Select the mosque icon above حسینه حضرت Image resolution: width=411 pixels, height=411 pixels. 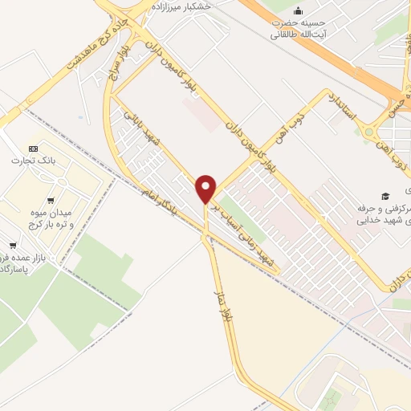click(299, 11)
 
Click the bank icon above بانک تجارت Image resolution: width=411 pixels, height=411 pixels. click(32, 149)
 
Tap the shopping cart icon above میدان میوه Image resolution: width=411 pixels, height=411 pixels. click(51, 201)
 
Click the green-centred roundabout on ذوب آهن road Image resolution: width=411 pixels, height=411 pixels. click(371, 131)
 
